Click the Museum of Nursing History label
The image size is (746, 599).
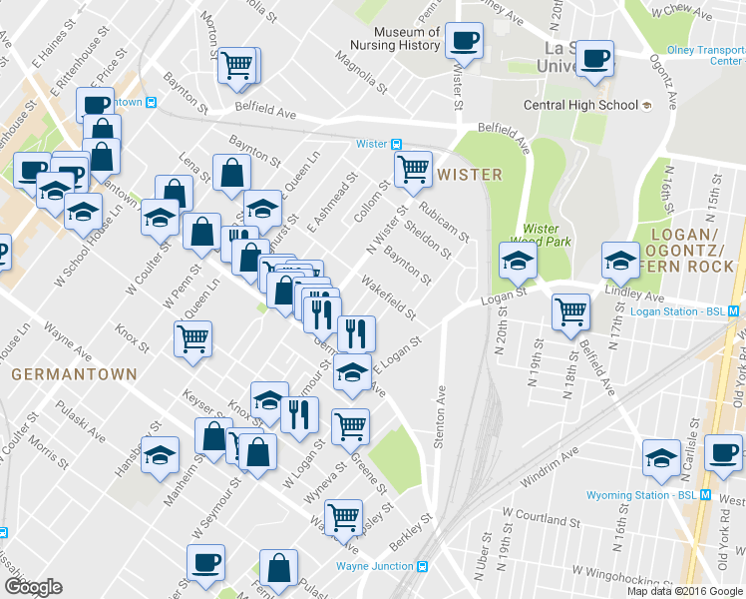394,37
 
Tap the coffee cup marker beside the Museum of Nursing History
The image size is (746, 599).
464,41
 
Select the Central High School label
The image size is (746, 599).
581,105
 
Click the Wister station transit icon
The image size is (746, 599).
396,144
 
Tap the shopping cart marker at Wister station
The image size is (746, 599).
412,170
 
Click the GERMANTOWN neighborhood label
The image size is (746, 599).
59,374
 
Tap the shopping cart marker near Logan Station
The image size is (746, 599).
570,310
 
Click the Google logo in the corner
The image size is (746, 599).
33,587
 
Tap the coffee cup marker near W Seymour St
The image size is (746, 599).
205,562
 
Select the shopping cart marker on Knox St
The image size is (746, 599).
192,337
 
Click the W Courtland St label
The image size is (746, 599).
542,518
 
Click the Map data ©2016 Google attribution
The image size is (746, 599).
685,590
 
